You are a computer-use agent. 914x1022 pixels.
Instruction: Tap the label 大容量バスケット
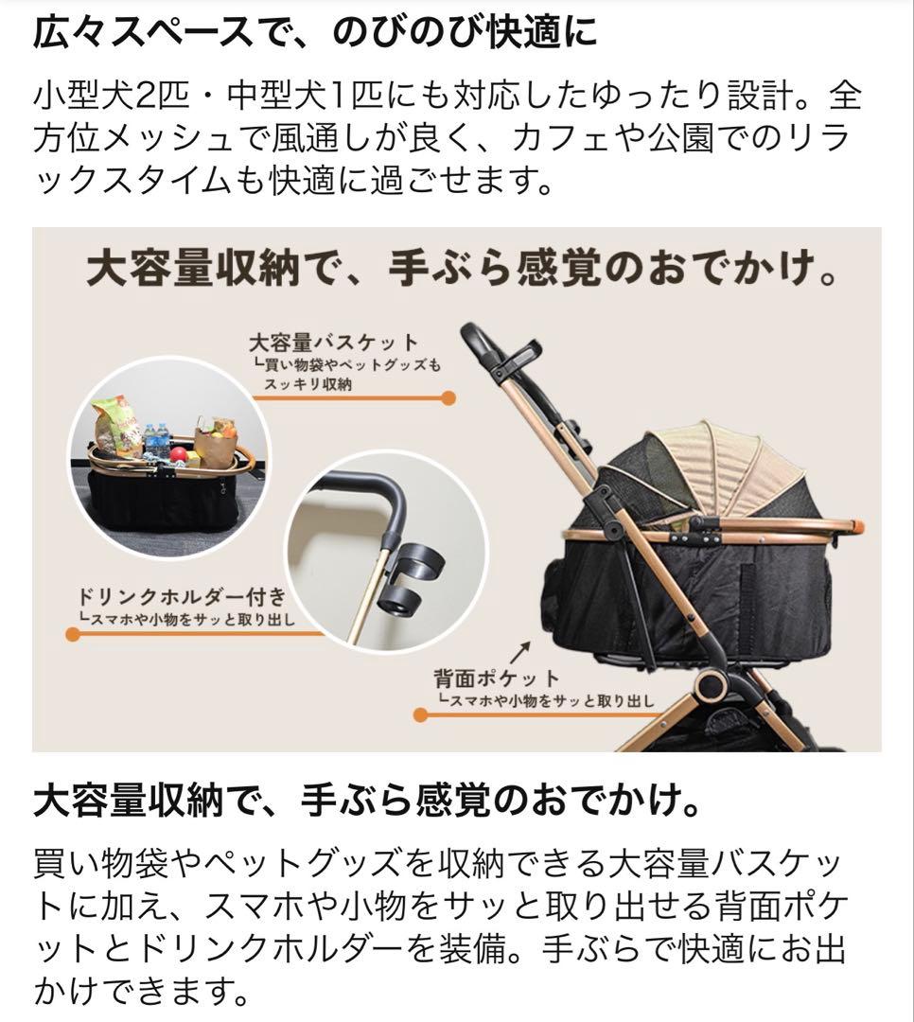point(333,341)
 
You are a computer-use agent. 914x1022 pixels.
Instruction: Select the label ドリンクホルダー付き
point(181,598)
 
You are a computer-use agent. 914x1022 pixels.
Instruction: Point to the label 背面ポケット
point(497,678)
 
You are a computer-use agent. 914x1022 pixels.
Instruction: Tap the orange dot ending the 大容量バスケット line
point(448,397)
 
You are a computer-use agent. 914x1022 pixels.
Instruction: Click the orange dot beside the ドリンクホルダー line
point(73,634)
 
